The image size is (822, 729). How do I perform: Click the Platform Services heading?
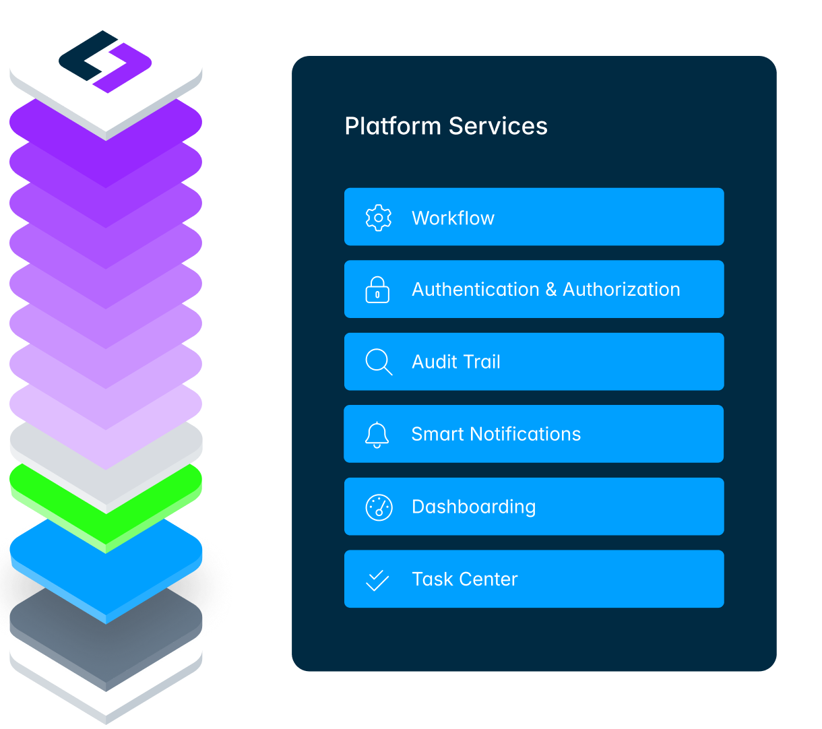pyautogui.click(x=446, y=126)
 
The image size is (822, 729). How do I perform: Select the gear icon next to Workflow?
pyautogui.click(x=378, y=218)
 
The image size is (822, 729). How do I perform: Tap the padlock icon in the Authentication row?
pyautogui.click(x=377, y=290)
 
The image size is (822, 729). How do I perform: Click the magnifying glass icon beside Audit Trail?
pyautogui.click(x=379, y=362)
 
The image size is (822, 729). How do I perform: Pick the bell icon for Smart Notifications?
pyautogui.click(x=377, y=435)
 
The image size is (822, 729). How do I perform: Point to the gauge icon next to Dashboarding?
pyautogui.click(x=379, y=507)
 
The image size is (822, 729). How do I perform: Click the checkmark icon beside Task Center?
pyautogui.click(x=377, y=579)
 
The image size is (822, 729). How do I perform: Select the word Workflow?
pyautogui.click(x=453, y=218)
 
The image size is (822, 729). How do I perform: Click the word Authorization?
pyautogui.click(x=621, y=290)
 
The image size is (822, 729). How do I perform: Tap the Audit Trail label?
pyautogui.click(x=456, y=362)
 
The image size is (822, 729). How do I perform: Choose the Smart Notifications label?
pyautogui.click(x=496, y=435)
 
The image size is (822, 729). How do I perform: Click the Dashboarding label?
pyautogui.click(x=474, y=507)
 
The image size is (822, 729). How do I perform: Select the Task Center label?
pyautogui.click(x=465, y=579)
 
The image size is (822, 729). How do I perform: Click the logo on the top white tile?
pyautogui.click(x=105, y=61)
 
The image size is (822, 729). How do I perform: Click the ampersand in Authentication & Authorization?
pyautogui.click(x=551, y=290)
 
